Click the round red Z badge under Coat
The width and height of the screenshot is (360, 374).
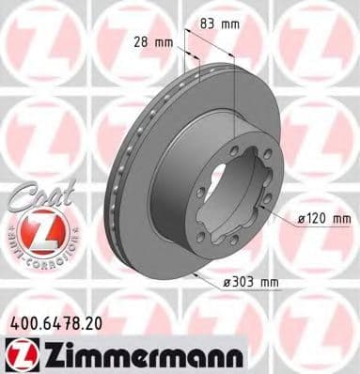[x=36, y=230]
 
